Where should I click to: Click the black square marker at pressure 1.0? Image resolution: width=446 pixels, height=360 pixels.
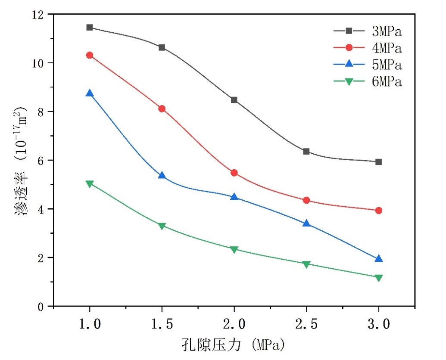[x=90, y=28]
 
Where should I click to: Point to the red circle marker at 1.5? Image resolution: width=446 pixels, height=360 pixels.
[x=162, y=109]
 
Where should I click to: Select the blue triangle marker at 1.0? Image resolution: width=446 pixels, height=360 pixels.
[x=90, y=93]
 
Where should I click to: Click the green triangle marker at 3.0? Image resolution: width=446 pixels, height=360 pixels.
[x=379, y=278]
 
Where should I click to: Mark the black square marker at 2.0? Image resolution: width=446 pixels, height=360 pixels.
[x=234, y=100]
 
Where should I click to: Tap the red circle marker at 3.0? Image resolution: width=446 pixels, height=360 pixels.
[x=379, y=211]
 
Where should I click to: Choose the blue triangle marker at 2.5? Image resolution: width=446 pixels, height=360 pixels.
[x=306, y=223]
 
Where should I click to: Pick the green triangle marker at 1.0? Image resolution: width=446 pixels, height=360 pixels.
[x=90, y=184]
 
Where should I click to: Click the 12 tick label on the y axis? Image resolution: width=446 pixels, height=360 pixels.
[x=39, y=15]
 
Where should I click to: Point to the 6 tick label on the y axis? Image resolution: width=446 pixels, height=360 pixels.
[x=42, y=161]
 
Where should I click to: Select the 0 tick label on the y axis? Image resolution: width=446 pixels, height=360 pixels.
[x=42, y=307]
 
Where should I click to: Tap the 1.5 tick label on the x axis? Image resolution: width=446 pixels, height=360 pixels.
[x=162, y=324]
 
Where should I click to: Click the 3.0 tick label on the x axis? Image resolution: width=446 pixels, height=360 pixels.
[x=379, y=324]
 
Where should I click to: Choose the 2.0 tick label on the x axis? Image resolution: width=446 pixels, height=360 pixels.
[x=234, y=324]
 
